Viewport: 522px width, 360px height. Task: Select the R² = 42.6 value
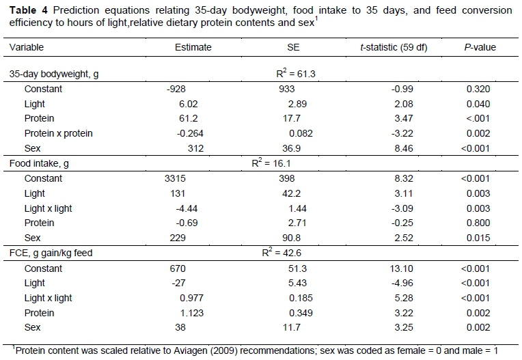[282, 253]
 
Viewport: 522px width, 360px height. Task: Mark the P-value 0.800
[478, 223]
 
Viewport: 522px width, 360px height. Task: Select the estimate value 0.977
[193, 299]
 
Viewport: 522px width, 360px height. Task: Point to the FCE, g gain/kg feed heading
[52, 253]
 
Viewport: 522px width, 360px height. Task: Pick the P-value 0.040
[478, 104]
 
